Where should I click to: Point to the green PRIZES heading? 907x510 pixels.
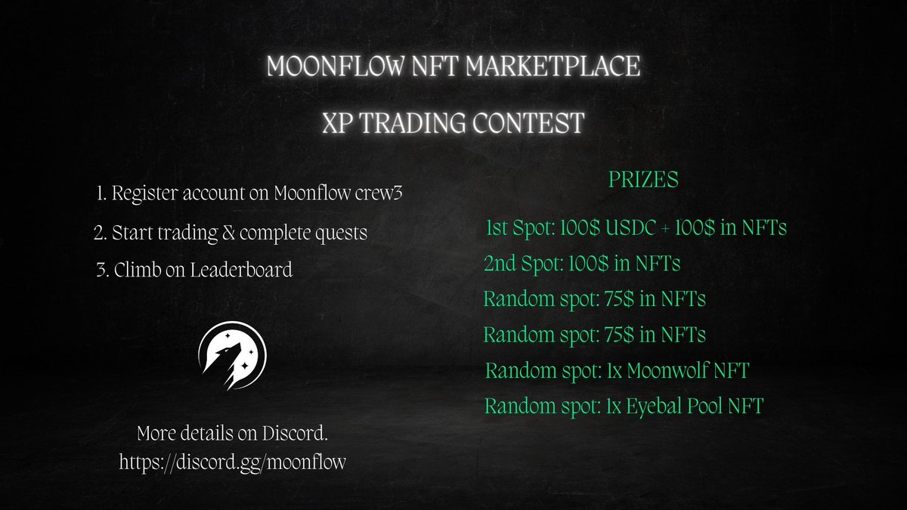(x=643, y=181)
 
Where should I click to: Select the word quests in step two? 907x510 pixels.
(x=336, y=232)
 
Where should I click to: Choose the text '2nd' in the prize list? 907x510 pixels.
(x=502, y=264)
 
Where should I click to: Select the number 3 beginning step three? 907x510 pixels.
(x=101, y=270)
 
